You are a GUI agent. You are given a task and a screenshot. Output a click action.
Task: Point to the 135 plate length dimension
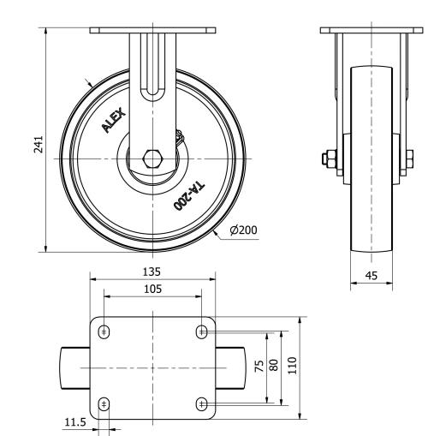click(152, 272)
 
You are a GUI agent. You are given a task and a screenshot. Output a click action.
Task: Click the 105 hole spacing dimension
click(152, 289)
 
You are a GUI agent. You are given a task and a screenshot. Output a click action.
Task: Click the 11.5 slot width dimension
click(74, 422)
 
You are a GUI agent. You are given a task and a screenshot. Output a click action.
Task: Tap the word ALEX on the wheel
click(113, 119)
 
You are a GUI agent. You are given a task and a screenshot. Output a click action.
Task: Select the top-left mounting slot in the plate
click(104, 332)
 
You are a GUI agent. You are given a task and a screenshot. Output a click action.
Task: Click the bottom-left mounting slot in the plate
click(104, 403)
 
